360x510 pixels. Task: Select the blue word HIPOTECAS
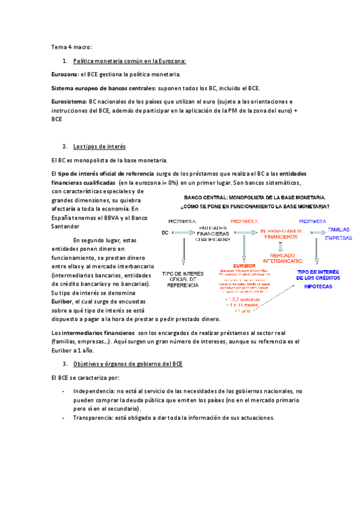(x=318, y=288)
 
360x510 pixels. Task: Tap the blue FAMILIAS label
(x=340, y=229)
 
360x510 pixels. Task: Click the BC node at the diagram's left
(x=165, y=232)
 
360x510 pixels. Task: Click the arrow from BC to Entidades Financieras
(x=181, y=232)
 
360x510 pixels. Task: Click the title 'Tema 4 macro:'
(x=72, y=47)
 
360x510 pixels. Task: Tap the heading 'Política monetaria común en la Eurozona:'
(x=129, y=61)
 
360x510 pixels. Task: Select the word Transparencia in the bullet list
(x=94, y=418)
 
